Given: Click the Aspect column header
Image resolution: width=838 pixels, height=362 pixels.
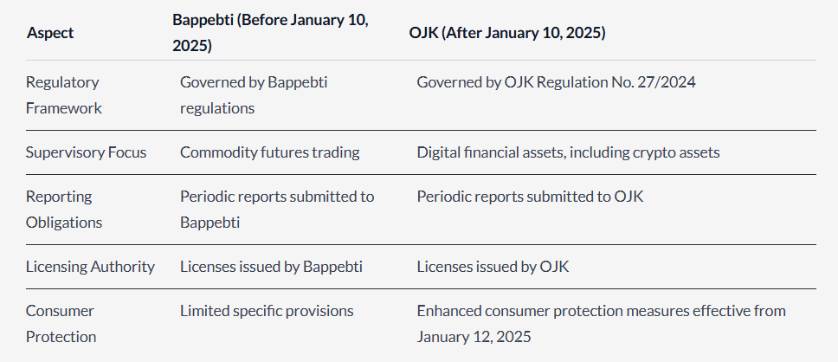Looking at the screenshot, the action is point(50,33).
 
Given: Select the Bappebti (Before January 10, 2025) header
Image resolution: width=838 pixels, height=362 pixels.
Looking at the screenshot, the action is point(270,33).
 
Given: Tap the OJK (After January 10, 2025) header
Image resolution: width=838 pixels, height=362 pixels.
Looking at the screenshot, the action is point(507,33).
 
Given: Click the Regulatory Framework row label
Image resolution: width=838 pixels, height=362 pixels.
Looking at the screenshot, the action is point(63,95).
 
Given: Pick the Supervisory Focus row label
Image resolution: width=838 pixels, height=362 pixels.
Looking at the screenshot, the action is point(86,152).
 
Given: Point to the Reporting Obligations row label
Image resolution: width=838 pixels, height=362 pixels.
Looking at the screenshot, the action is point(63,209).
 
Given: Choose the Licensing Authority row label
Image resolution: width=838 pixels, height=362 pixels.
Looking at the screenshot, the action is point(90,266).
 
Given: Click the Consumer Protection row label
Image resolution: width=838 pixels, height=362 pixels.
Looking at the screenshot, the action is point(61,324).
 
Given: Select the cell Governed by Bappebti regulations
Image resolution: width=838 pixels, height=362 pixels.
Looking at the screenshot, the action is point(254,95).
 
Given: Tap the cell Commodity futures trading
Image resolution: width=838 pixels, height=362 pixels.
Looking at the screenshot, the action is point(270,152).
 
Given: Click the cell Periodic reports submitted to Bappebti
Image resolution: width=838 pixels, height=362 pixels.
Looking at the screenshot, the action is point(277,209).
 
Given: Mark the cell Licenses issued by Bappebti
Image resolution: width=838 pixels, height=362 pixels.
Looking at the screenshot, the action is point(271,266).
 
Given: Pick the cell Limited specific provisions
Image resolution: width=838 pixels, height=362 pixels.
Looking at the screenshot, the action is point(267,311).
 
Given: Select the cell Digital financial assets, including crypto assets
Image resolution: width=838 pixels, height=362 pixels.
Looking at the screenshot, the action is point(568,152).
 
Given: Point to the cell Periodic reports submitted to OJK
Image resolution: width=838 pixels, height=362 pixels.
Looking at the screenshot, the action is point(530,197).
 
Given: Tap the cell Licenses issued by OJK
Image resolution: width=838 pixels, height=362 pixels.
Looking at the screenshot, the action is point(493,266).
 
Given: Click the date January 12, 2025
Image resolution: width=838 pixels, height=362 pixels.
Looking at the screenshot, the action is point(474,337).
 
